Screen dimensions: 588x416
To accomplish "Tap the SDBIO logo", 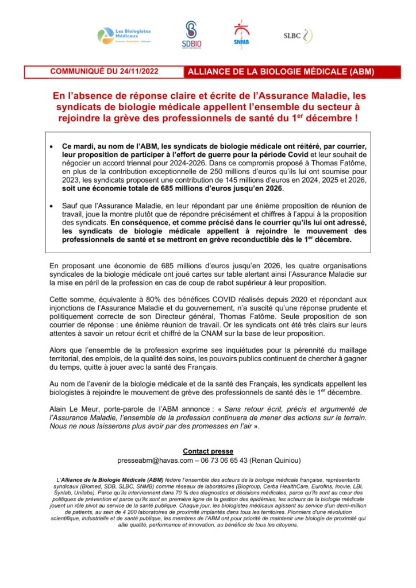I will pos(191,35).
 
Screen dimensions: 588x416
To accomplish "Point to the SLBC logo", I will pos(298,35).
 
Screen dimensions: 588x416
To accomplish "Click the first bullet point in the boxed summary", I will pos(52,148).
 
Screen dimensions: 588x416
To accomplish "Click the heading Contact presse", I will pos(208,451).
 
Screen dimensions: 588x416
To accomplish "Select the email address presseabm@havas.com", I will pos(150,461).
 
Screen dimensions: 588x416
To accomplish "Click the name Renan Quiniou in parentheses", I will pos(275,461).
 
